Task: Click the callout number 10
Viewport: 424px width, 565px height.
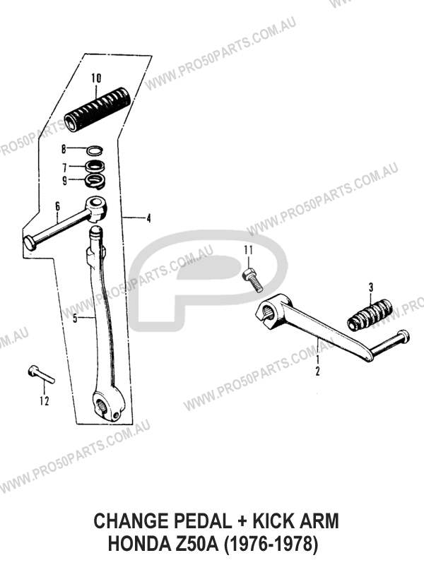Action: (96, 78)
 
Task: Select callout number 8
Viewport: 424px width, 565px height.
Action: (64, 149)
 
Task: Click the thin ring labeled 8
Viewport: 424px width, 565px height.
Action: (95, 150)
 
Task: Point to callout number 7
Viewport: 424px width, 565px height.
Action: (64, 167)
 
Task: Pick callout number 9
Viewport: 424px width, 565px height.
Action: (64, 181)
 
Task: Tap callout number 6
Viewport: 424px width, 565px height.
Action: (57, 207)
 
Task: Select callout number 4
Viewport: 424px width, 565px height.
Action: (148, 218)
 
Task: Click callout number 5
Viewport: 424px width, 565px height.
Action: (75, 319)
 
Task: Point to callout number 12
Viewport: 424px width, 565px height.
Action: (45, 400)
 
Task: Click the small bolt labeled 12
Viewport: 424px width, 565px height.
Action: (41, 375)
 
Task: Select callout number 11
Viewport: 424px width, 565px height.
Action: (249, 250)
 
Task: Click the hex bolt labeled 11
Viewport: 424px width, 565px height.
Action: (252, 280)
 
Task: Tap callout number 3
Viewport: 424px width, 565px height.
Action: (370, 287)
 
